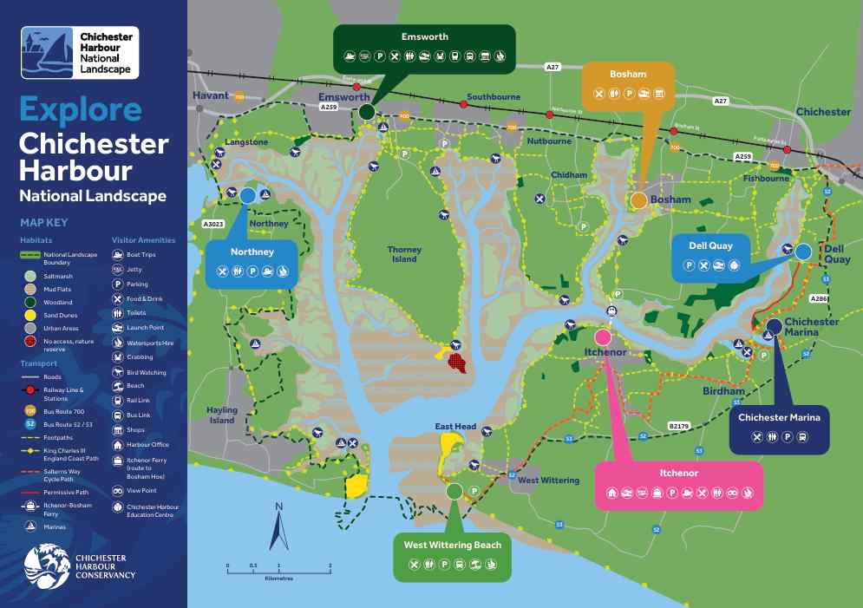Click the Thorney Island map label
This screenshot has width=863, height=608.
[403, 253]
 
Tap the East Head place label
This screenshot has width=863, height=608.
[455, 427]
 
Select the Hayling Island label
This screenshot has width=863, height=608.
[222, 415]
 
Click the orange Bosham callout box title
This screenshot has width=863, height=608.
[628, 75]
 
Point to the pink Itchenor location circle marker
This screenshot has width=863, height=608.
[603, 336]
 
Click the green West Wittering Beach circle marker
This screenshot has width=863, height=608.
[454, 491]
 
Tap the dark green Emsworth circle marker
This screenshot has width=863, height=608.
[367, 112]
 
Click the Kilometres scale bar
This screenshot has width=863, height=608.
[278, 570]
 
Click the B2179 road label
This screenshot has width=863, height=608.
[680, 425]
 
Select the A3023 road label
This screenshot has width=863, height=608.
[213, 224]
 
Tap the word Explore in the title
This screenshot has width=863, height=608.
[80, 110]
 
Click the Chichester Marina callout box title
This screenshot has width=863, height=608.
[779, 417]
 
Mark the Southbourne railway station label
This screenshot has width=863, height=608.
[493, 97]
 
